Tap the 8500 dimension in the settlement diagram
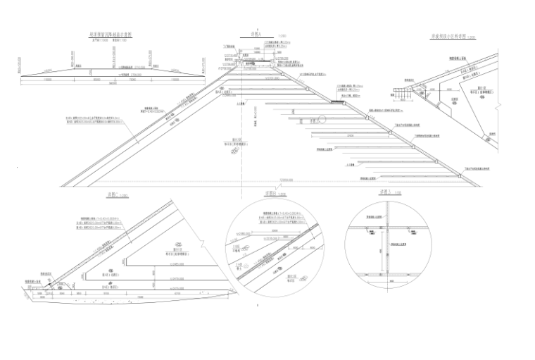point(98,80)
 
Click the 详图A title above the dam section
point(246,33)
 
